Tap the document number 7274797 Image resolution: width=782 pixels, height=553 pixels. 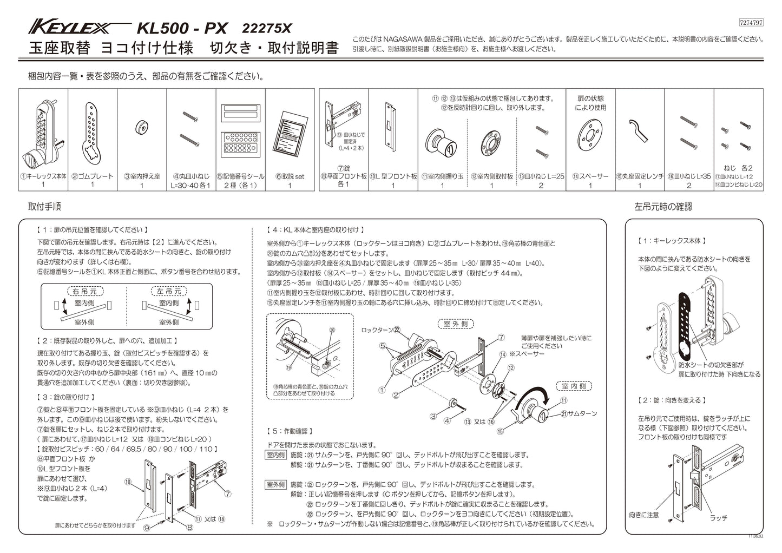[x=751, y=23]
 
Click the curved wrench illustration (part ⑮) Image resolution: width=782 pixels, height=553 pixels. [x=639, y=131]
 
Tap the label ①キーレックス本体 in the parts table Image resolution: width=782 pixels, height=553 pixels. [x=44, y=176]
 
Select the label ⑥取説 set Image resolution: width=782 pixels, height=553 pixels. [x=290, y=176]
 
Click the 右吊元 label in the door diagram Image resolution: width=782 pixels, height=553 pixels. [x=84, y=291]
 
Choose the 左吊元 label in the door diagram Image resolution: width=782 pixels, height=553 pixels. [x=168, y=291]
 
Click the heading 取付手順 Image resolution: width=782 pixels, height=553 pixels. [x=44, y=206]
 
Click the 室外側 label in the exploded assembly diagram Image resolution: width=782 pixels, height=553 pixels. [x=455, y=324]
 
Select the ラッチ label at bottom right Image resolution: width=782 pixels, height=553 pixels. [x=718, y=517]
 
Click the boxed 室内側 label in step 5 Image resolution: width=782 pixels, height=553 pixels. [x=275, y=455]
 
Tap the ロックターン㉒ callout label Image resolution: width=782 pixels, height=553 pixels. [x=381, y=330]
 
